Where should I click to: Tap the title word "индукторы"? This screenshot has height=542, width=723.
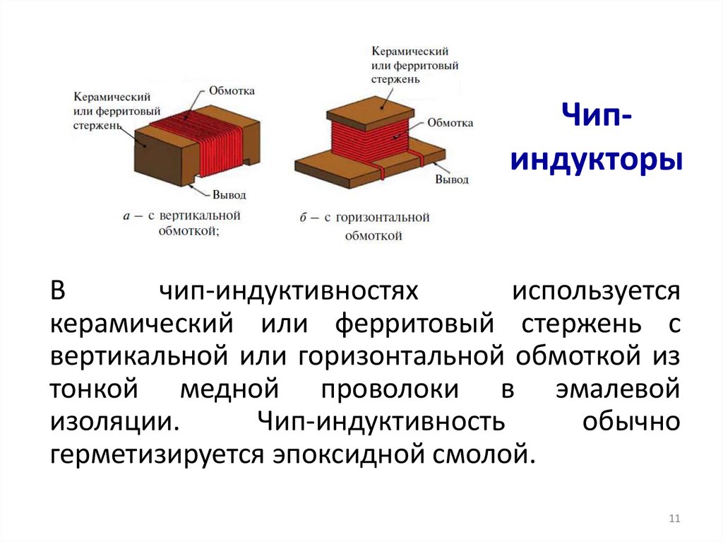click(x=597, y=160)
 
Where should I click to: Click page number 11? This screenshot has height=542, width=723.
click(x=674, y=519)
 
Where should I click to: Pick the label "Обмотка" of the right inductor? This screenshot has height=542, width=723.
click(x=450, y=123)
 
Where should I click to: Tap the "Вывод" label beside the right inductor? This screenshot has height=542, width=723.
click(x=451, y=179)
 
